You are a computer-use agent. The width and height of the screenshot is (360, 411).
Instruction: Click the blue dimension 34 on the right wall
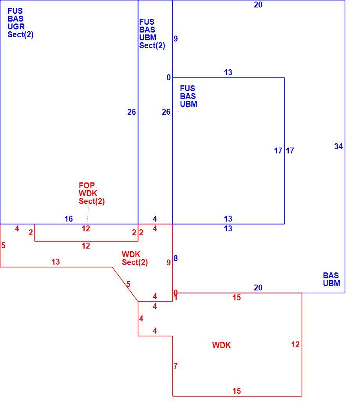(338, 146)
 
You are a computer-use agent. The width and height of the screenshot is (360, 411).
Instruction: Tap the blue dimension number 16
(69, 219)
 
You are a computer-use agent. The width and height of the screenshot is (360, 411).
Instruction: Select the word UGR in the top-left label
(16, 27)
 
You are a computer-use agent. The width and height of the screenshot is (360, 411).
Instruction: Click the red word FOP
(87, 186)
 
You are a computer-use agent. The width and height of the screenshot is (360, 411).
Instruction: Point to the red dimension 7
(175, 366)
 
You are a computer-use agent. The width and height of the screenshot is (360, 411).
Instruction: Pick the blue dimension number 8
(175, 258)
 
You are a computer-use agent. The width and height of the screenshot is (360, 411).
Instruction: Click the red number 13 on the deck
(56, 262)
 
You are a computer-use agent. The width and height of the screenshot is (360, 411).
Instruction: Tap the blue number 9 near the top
(175, 38)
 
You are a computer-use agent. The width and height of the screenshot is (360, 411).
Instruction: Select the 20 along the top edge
(258, 5)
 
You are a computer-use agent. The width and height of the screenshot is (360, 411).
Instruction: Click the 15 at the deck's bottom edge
(237, 391)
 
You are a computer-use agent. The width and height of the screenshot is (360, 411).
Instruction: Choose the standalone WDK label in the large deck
(221, 345)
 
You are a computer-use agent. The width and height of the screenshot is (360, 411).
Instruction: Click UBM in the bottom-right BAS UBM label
(331, 283)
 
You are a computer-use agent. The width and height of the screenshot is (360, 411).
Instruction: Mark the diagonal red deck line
(125, 285)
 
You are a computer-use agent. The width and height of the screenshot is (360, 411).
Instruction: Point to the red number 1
(175, 298)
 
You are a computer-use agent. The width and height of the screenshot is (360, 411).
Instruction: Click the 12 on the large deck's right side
(295, 344)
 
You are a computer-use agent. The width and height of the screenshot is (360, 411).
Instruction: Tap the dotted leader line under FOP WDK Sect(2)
(88, 215)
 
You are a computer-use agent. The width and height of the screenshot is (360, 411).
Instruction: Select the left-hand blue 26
(132, 112)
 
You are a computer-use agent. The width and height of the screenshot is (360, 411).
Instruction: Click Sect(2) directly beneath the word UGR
(20, 34)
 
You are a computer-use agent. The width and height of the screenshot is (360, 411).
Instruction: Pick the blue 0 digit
(168, 78)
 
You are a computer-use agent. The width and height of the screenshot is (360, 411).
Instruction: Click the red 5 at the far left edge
(3, 245)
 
